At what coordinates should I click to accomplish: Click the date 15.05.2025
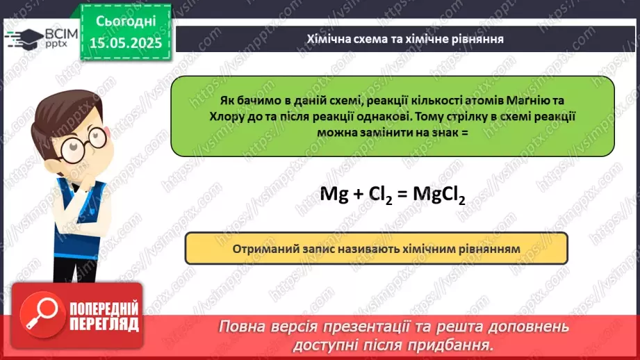(x=125, y=44)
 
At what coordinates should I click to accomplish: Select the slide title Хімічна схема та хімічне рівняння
(x=405, y=39)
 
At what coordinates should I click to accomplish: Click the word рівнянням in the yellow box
(x=490, y=248)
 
